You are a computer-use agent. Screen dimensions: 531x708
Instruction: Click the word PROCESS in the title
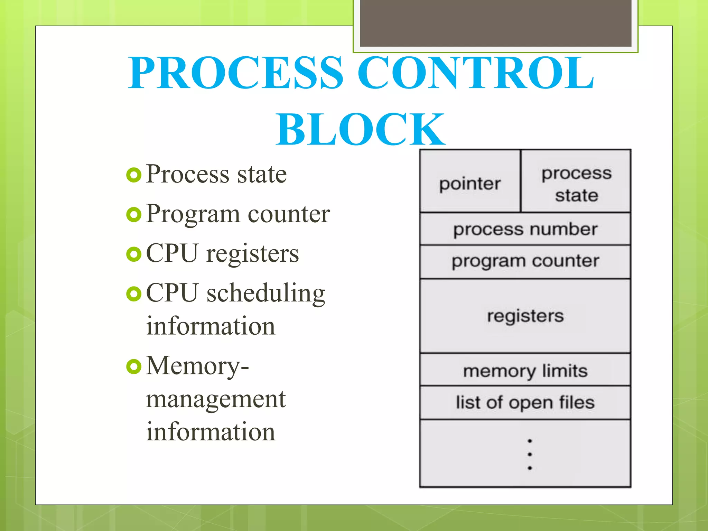coord(236,73)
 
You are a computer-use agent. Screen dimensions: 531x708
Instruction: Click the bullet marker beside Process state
coord(134,175)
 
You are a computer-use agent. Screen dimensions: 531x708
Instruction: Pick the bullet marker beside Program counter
coord(134,215)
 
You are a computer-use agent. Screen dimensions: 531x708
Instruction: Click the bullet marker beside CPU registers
coord(134,254)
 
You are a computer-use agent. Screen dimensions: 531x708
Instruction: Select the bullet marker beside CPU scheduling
coord(134,294)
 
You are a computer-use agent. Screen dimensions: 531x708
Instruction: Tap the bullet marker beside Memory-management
coord(134,367)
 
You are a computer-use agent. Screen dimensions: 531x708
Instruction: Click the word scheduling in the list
coord(265,294)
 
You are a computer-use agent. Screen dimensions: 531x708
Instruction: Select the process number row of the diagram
coord(525,230)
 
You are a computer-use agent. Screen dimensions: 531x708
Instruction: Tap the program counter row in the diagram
coord(525,261)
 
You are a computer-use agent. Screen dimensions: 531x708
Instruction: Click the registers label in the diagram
coord(525,316)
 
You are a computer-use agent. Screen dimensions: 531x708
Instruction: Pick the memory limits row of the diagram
coord(525,371)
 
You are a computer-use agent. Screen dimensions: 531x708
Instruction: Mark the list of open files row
coord(525,403)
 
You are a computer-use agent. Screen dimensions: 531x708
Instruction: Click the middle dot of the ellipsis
coord(530,454)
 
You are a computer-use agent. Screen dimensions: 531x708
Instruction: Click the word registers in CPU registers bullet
coord(252,254)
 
